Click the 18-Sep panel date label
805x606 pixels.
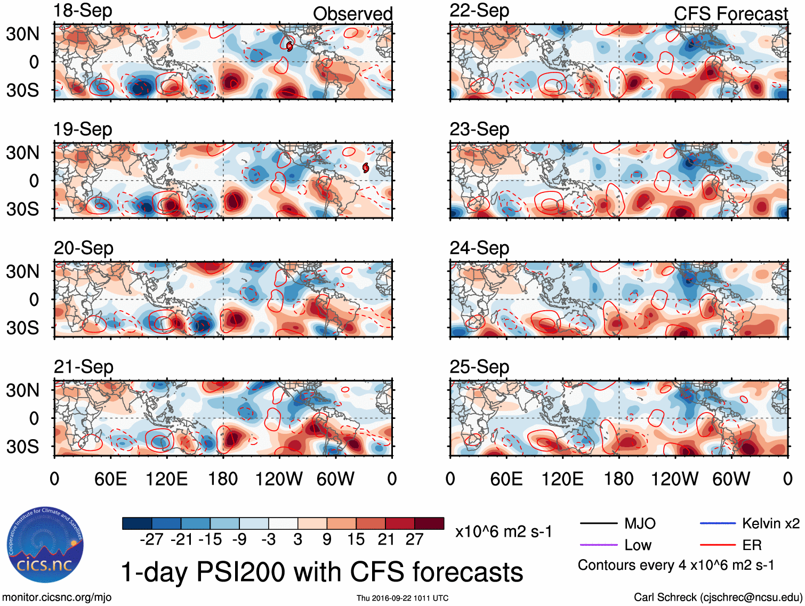83,11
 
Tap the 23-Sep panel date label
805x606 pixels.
479,129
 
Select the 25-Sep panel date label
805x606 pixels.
479,367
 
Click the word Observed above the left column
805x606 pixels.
352,14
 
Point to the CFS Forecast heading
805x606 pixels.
730,14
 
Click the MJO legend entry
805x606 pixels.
640,523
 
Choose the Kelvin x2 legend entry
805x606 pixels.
770,523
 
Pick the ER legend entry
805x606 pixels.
752,545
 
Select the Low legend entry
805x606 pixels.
638,545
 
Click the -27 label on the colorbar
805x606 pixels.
151,539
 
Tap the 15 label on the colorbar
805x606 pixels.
356,539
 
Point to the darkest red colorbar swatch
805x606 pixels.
429,523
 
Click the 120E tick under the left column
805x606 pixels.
166,479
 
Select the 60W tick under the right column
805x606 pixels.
731,479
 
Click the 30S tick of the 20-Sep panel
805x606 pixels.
22,327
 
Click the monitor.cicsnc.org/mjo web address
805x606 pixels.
57,597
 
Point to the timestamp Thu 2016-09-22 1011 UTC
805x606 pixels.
402,598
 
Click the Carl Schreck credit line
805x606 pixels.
718,597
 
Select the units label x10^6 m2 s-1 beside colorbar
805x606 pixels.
503,531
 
